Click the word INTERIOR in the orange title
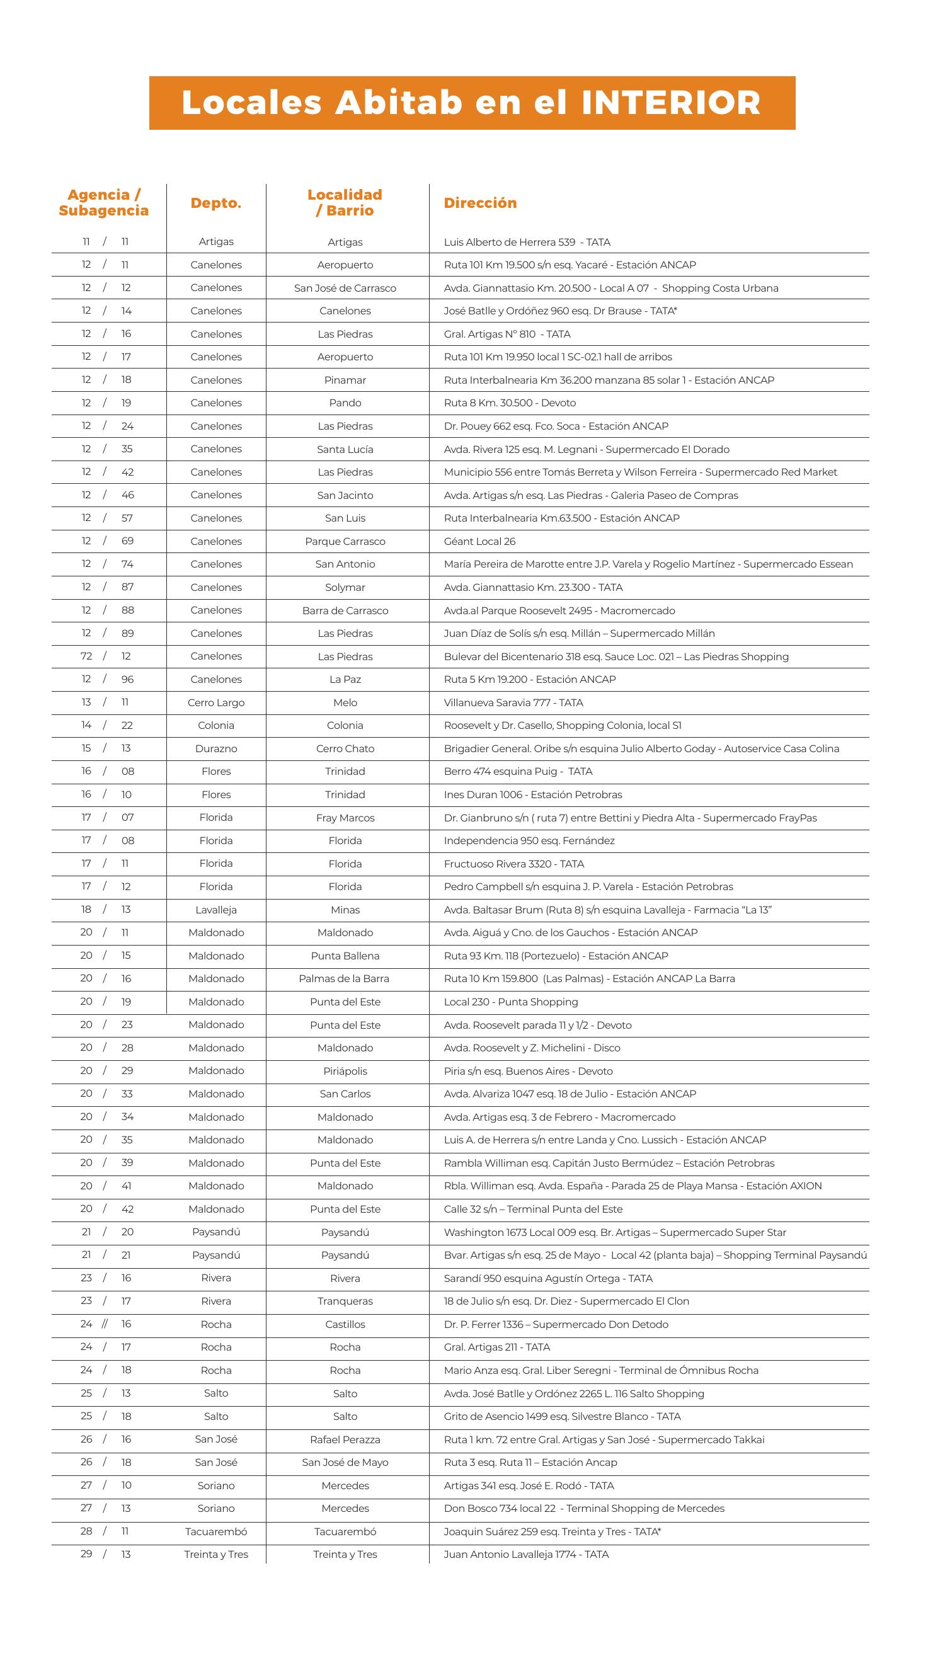pyautogui.click(x=670, y=103)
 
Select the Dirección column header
pyautogui.click(x=479, y=203)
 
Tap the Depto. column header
pyautogui.click(x=215, y=203)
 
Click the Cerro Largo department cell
pyautogui.click(x=215, y=702)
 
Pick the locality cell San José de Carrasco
pyautogui.click(x=345, y=288)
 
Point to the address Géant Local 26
pyautogui.click(x=479, y=541)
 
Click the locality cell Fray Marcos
pyautogui.click(x=345, y=818)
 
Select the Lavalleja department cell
pyautogui.click(x=215, y=910)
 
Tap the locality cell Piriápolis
pyautogui.click(x=345, y=1070)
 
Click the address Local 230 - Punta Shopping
pyautogui.click(x=510, y=1002)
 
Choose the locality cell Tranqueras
pyautogui.click(x=345, y=1301)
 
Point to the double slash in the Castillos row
pyautogui.click(x=105, y=1324)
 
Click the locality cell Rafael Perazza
pyautogui.click(x=345, y=1439)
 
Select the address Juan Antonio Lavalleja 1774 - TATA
pyautogui.click(x=525, y=1554)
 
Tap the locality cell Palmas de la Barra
pyautogui.click(x=345, y=978)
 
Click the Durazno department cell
pyautogui.click(x=215, y=749)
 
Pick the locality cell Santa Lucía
pyautogui.click(x=345, y=449)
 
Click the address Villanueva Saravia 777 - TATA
pyautogui.click(x=513, y=702)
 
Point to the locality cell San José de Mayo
pyautogui.click(x=345, y=1462)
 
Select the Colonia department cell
pyautogui.click(x=215, y=725)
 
